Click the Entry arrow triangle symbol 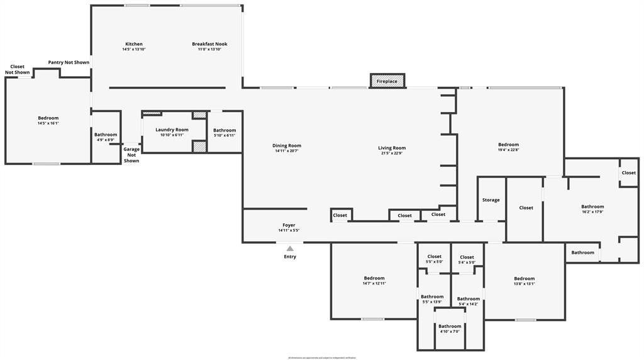(290, 249)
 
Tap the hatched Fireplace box (387, 81)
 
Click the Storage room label (491, 200)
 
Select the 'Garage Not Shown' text (131, 155)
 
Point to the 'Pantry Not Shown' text (69, 62)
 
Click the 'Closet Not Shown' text (18, 69)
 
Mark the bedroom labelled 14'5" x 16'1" (48, 120)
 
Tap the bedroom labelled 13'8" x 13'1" (524, 281)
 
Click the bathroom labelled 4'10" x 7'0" (450, 329)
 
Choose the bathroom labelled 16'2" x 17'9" (592, 209)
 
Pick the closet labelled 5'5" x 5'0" (435, 259)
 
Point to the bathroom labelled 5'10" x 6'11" (225, 132)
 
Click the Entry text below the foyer (290, 257)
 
